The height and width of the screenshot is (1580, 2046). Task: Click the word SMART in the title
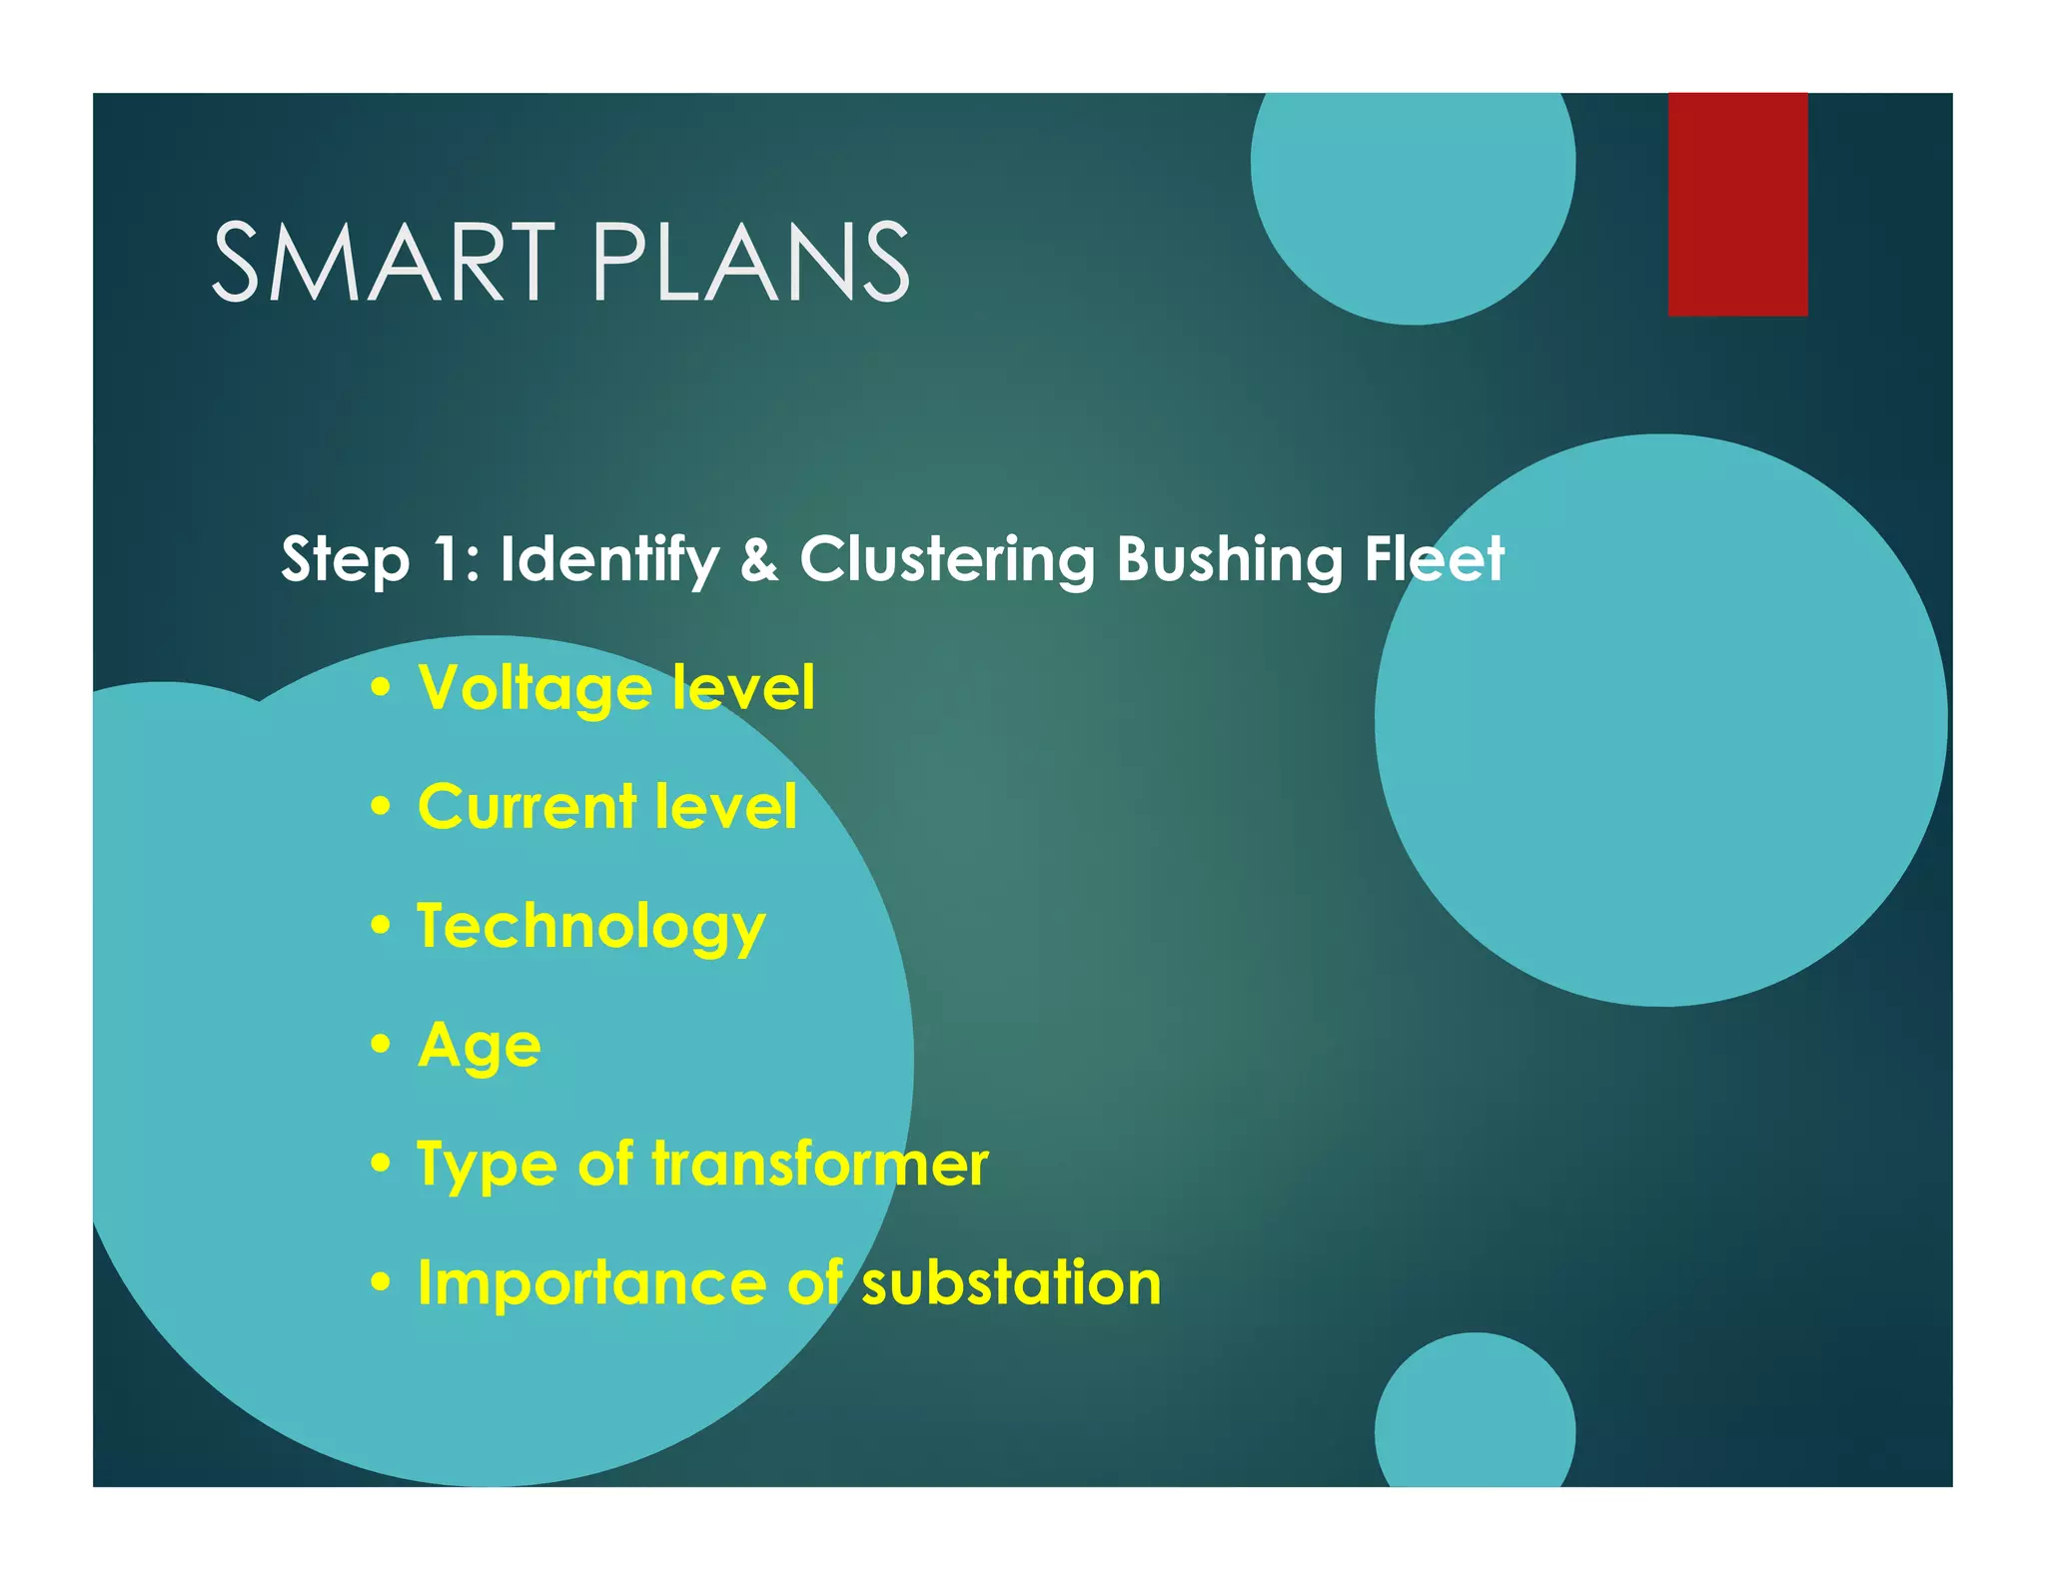coord(384,262)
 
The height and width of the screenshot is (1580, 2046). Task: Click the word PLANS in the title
coord(750,262)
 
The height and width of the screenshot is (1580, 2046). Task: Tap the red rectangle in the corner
coord(1737,205)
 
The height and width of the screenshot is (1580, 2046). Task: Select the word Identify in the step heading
coord(609,559)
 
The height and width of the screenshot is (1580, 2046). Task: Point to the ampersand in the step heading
coord(759,559)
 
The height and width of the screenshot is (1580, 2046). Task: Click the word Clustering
coord(946,559)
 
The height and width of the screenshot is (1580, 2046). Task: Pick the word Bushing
coord(1228,559)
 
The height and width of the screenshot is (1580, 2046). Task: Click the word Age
coord(480,1047)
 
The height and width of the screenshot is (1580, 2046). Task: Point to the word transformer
coord(820,1165)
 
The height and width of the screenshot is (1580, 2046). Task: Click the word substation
coord(1011,1283)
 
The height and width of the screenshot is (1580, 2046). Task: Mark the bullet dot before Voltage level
coord(380,689)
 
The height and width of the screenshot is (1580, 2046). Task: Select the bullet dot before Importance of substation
coord(380,1282)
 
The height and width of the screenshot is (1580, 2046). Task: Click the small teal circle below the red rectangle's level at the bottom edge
coord(1475,1418)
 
